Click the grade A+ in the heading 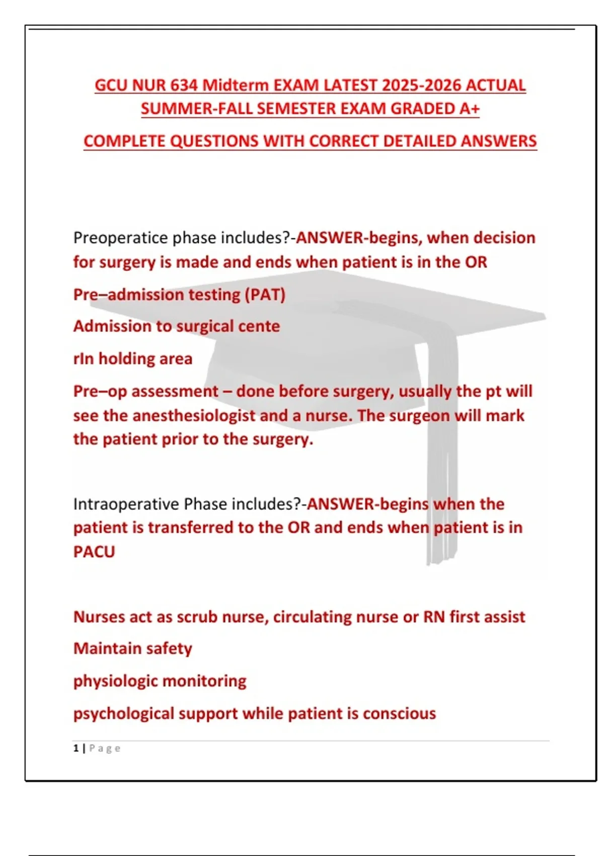click(469, 109)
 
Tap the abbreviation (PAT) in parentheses click(265, 295)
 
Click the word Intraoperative click(126, 504)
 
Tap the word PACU click(94, 552)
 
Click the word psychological click(123, 714)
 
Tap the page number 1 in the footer click(76, 748)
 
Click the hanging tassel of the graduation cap click(442, 478)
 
